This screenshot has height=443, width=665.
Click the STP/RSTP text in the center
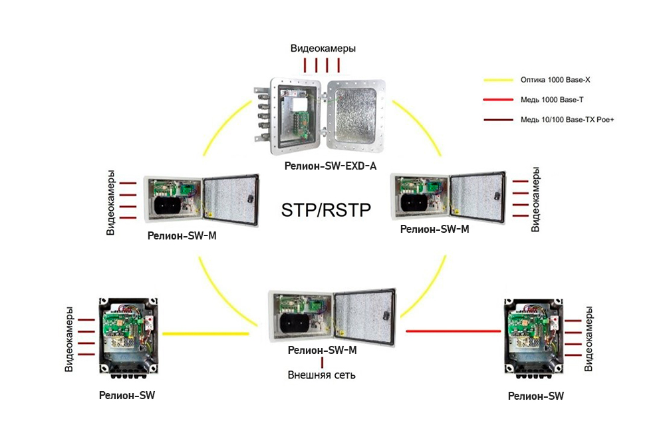pyautogui.click(x=325, y=211)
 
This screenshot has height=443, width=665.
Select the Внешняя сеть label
pyautogui.click(x=322, y=375)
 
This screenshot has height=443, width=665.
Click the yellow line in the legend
pyautogui.click(x=499, y=80)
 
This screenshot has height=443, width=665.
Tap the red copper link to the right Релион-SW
pyautogui.click(x=452, y=331)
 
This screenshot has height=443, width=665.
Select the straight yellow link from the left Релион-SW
pyautogui.click(x=205, y=333)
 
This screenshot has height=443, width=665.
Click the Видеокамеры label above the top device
pyautogui.click(x=323, y=49)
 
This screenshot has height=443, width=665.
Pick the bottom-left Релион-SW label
pyautogui.click(x=127, y=395)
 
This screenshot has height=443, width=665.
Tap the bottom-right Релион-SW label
pyautogui.click(x=536, y=396)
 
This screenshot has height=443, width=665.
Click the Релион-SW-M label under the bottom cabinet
pyautogui.click(x=323, y=350)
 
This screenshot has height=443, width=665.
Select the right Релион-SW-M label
pyautogui.click(x=436, y=229)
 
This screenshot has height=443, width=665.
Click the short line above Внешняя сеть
pyautogui.click(x=322, y=363)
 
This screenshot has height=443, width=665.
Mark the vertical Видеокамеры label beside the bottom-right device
pyautogui.click(x=589, y=339)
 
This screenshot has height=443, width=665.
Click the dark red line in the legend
pyautogui.click(x=499, y=120)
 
